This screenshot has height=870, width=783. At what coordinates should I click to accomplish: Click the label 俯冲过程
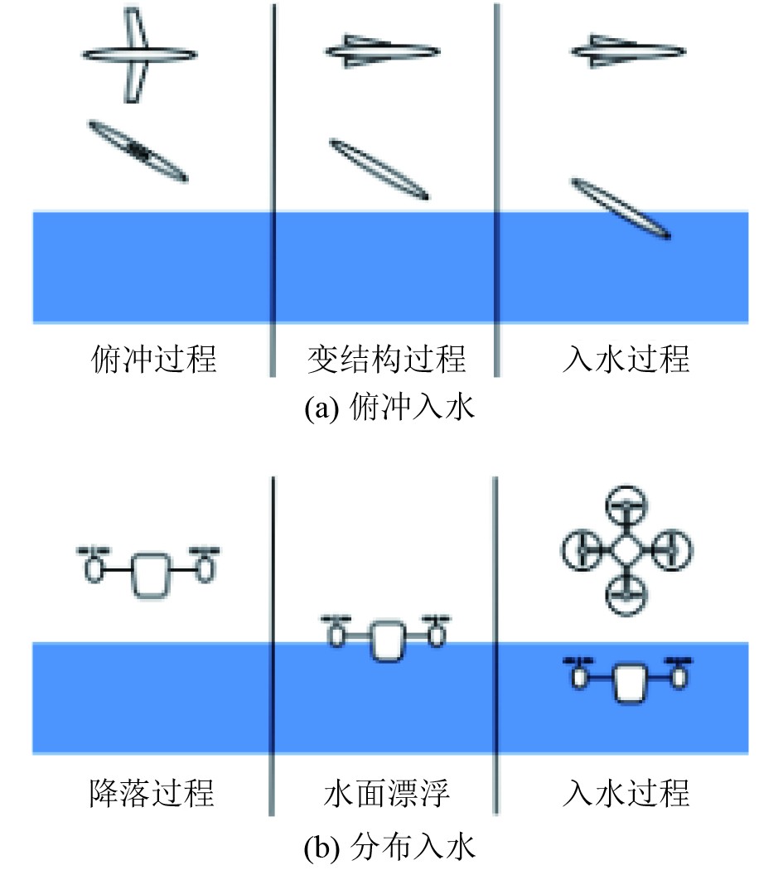click(x=153, y=359)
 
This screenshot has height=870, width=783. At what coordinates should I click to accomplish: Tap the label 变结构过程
click(x=386, y=359)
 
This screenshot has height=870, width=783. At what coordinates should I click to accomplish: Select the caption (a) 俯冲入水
click(x=389, y=408)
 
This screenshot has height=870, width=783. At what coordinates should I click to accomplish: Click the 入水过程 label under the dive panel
click(x=626, y=359)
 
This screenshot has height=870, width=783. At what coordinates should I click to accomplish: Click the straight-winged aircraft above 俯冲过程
click(x=139, y=55)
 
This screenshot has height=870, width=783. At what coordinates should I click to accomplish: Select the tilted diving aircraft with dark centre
click(x=138, y=151)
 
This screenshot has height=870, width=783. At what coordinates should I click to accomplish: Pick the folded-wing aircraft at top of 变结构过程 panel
click(x=382, y=51)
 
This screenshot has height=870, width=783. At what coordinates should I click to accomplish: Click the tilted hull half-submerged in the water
click(x=621, y=209)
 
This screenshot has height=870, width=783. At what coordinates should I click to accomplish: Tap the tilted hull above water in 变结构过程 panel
click(x=379, y=169)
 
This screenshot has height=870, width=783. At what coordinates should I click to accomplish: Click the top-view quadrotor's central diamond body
click(x=626, y=550)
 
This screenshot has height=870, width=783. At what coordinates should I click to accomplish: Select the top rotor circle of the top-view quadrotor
click(x=626, y=505)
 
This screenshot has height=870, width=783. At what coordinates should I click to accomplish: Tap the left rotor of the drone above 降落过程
click(x=94, y=565)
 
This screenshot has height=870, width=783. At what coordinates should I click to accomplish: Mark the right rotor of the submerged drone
click(x=679, y=673)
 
